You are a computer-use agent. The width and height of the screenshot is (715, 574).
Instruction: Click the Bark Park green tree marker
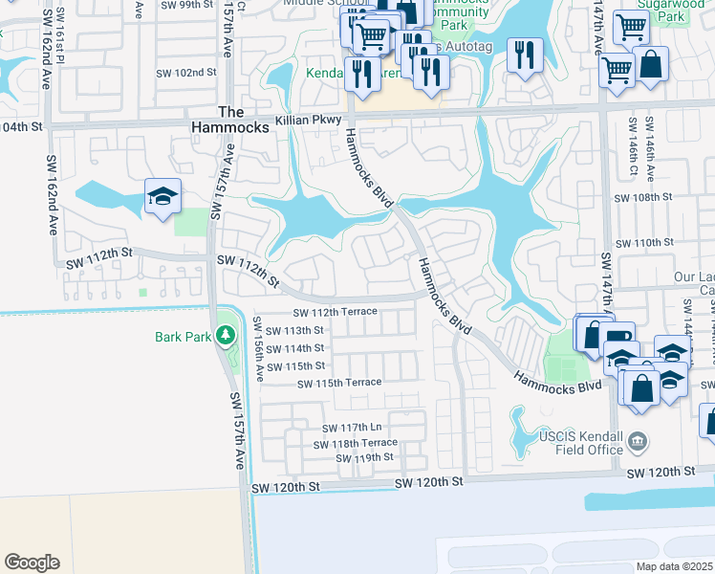click(x=226, y=336)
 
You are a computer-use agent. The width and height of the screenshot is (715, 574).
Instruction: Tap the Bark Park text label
click(x=182, y=337)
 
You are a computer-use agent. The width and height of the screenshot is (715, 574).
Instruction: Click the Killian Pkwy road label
click(x=306, y=121)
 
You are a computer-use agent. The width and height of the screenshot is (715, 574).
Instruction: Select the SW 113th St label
click(x=296, y=330)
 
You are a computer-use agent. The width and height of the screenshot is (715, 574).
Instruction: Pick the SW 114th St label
click(x=296, y=348)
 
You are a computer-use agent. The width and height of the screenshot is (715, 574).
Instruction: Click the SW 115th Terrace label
click(x=339, y=383)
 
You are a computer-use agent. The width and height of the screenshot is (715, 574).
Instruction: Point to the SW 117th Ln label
click(x=353, y=428)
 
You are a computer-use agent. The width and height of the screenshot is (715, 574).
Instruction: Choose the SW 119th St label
click(x=364, y=458)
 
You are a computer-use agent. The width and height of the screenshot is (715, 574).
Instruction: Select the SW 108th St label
click(x=644, y=196)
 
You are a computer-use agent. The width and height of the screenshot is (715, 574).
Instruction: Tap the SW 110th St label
click(x=644, y=243)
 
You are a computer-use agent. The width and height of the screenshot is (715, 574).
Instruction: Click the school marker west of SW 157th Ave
click(x=163, y=197)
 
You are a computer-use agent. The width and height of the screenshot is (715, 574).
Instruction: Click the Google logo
click(x=32, y=563)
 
